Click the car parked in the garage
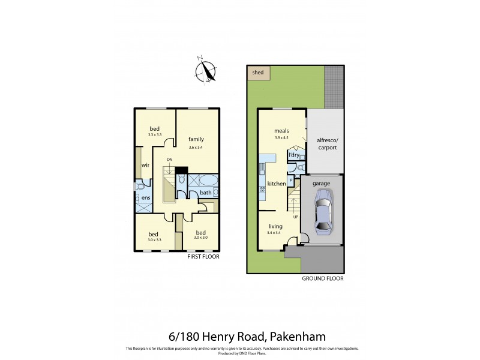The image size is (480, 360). (x=322, y=210)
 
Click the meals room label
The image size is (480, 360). (x=281, y=131)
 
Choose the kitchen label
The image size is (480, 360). (x=276, y=183)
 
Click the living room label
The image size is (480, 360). (x=275, y=226)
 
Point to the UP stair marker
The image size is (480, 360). (x=295, y=217)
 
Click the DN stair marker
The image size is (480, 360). (x=170, y=159)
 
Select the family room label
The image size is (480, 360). (x=196, y=139)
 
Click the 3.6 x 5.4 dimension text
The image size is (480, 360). (x=196, y=147)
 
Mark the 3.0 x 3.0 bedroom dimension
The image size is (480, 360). (x=201, y=238)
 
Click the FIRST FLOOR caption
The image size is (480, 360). (x=203, y=256)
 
